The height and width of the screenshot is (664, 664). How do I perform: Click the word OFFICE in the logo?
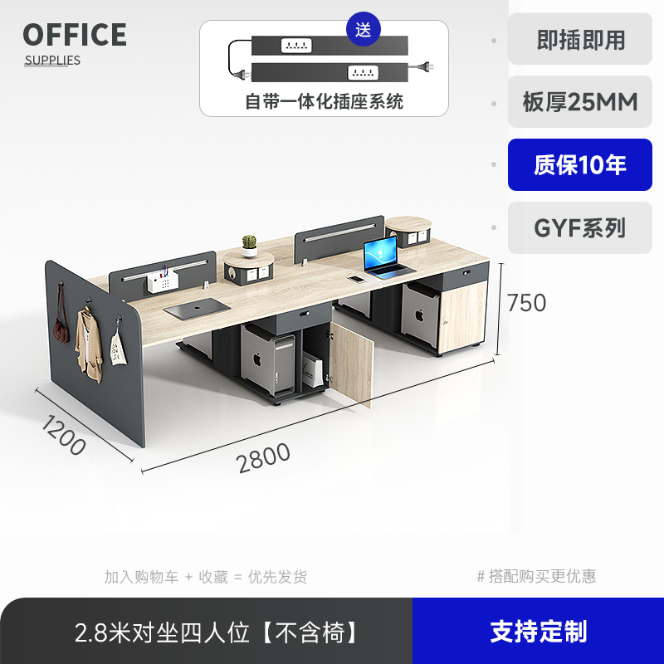(x=75, y=35)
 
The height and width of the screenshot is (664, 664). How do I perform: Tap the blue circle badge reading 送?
(x=364, y=30)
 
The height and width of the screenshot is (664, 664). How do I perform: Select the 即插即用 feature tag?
(x=580, y=39)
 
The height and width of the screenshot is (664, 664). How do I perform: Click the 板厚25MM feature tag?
(x=580, y=102)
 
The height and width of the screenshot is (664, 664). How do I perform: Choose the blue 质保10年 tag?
(x=580, y=165)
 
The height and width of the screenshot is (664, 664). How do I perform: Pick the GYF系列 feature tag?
(x=580, y=227)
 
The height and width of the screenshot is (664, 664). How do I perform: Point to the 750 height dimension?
(x=526, y=303)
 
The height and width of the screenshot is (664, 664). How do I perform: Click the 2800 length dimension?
(x=264, y=457)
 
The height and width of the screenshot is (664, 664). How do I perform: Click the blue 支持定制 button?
(x=538, y=632)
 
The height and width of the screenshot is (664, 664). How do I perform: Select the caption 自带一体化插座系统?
(x=324, y=102)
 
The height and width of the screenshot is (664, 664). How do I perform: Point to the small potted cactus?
(x=249, y=246)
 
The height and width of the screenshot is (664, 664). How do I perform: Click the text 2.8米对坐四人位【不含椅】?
(x=217, y=632)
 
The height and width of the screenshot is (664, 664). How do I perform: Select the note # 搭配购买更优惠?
(x=536, y=576)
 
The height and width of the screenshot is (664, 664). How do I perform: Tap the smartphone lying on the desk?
(x=356, y=279)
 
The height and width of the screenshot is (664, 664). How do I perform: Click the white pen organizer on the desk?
(x=164, y=281)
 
